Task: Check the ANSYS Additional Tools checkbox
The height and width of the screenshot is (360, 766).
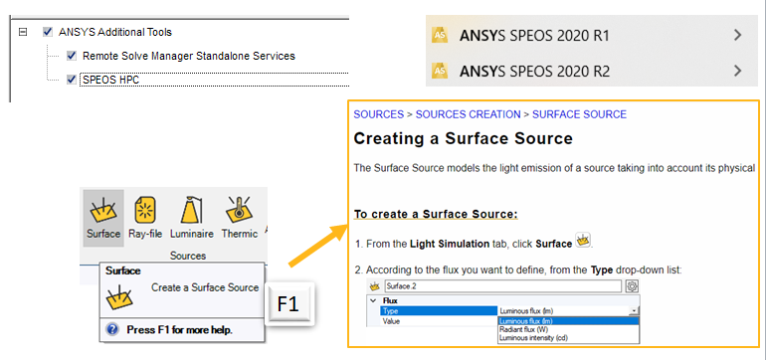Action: (x=48, y=33)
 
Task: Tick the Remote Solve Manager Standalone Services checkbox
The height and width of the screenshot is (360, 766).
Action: (x=72, y=56)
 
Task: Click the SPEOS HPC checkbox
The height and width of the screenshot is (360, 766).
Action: (x=72, y=80)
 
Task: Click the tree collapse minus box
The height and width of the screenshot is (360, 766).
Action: (x=22, y=33)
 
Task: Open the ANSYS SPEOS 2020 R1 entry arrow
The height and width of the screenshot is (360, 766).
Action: (x=737, y=36)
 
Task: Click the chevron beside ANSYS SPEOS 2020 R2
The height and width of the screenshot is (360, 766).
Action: (x=737, y=71)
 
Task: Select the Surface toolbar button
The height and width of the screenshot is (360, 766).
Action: (x=102, y=218)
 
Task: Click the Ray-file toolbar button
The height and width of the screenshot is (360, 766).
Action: (x=145, y=218)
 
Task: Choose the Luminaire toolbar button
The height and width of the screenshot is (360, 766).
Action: (x=190, y=218)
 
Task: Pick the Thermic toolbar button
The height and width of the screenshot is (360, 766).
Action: (x=239, y=218)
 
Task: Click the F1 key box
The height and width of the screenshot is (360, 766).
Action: (x=288, y=299)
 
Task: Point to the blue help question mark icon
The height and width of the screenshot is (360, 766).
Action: (x=113, y=328)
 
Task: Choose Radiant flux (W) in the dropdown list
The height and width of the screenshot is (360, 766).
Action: (x=527, y=330)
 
